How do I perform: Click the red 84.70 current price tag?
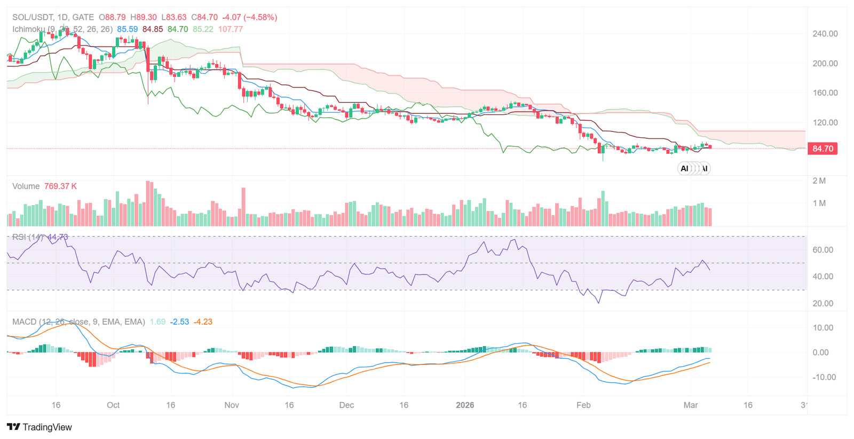823,148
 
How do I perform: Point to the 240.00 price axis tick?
825,34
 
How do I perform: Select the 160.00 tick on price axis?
825,93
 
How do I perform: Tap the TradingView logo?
39,427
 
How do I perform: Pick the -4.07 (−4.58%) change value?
249,17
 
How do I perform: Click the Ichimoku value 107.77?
230,29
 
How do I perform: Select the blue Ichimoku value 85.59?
127,29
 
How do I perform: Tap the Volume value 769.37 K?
60,186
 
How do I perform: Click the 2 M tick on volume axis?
819,181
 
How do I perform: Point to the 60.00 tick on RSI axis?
823,250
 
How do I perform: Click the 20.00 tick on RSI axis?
823,303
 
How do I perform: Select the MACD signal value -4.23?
202,322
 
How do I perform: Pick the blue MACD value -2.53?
179,322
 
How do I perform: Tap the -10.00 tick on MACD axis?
820,377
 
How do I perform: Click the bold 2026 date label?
465,405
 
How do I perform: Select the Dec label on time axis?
346,405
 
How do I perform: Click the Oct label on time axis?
113,405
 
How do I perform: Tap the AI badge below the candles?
685,169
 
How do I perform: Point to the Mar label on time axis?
691,405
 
